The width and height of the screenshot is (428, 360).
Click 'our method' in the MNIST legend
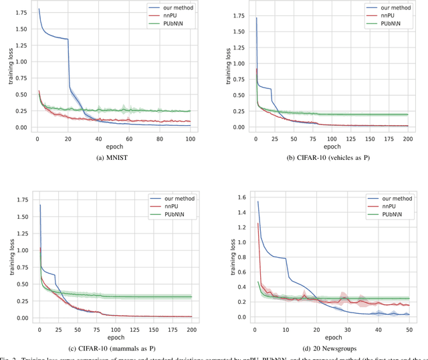click(170, 8)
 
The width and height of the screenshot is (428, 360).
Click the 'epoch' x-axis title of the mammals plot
click(114, 336)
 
